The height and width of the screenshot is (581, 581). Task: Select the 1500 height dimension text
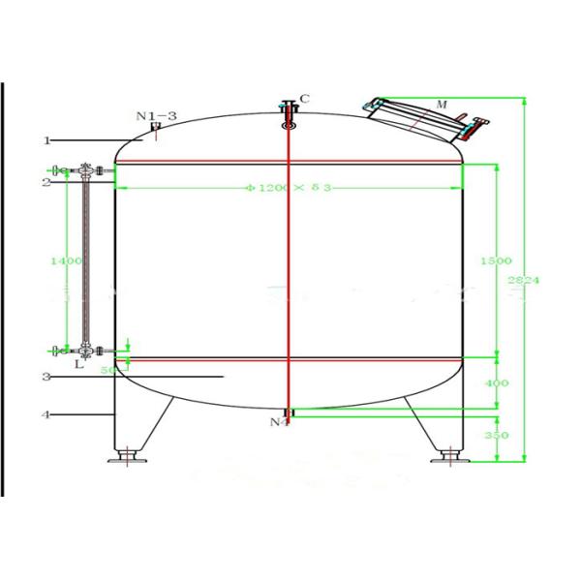(x=496, y=261)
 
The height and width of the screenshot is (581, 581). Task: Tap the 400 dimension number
(x=496, y=383)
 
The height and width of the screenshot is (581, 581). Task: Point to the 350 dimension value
(x=496, y=436)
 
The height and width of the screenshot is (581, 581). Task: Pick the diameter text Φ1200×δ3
(x=290, y=188)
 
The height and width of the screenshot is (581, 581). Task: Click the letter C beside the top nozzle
(x=304, y=99)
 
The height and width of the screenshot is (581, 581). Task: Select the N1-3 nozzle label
(x=156, y=116)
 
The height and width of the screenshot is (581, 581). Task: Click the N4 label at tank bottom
(x=279, y=422)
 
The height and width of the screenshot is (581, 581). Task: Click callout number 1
(x=46, y=140)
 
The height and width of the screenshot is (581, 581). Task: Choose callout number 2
(x=46, y=182)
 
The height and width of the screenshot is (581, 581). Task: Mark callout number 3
(x=46, y=377)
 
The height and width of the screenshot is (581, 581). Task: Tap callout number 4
(x=46, y=415)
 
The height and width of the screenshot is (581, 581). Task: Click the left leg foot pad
(x=126, y=456)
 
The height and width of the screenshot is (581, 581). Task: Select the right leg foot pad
(x=449, y=456)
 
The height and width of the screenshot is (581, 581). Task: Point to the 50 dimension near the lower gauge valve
(x=107, y=370)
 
